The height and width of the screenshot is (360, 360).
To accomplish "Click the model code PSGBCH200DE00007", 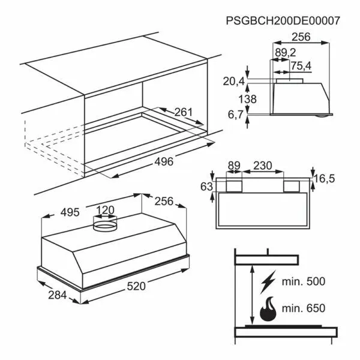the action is (283, 20).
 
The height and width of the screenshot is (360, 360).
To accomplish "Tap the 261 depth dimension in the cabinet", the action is (184, 112).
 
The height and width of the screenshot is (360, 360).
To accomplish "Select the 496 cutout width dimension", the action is (164, 161).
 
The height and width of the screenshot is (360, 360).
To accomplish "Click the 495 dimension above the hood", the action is (70, 212).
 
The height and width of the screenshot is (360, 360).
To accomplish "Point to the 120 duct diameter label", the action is (105, 210).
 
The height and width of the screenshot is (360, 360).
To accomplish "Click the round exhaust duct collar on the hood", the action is (105, 223).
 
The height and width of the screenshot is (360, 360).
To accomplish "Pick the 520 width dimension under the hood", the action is (136, 286).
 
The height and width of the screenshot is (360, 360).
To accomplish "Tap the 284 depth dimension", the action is (58, 295).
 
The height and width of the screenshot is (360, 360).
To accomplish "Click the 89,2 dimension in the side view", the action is (286, 53).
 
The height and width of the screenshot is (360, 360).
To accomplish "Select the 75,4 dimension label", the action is (301, 66).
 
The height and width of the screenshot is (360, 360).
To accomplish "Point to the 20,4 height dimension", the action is (234, 82).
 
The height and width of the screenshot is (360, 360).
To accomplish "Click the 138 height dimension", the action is (247, 99).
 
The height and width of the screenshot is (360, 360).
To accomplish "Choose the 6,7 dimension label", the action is (235, 115).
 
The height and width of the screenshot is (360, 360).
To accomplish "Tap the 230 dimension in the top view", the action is (263, 166).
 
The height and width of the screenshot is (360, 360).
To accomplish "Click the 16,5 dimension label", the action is (325, 178).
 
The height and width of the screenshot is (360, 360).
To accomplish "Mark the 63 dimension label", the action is (206, 187).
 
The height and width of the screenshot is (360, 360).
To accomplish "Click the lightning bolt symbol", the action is (268, 282).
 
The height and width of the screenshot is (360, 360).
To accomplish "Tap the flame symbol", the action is (268, 309).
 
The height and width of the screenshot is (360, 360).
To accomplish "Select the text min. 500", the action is (303, 281).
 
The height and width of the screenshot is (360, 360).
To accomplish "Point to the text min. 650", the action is (303, 308).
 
